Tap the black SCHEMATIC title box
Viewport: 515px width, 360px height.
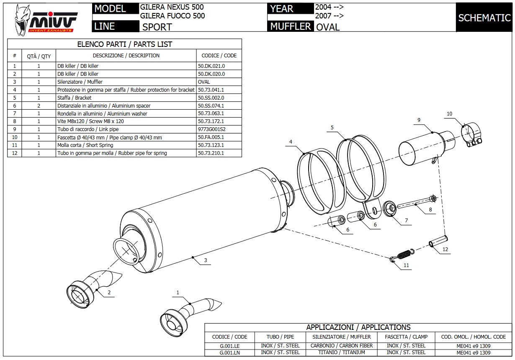(x=484, y=18)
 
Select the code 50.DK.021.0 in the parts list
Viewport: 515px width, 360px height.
(x=211, y=66)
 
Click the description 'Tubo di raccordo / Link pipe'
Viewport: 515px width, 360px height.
(x=88, y=129)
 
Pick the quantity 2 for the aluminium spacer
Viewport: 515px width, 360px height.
(x=39, y=106)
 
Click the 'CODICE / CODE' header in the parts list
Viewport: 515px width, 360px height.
(x=219, y=55)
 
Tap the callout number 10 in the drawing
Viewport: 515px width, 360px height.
(x=449, y=114)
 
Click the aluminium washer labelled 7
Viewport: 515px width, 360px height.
(x=390, y=208)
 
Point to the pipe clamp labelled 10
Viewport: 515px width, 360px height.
(x=472, y=135)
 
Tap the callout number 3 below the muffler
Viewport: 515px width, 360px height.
(x=206, y=260)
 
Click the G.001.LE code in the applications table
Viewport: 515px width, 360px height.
(x=229, y=346)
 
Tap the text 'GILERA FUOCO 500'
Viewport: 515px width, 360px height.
(x=173, y=16)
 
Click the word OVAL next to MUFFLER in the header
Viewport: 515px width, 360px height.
(x=328, y=27)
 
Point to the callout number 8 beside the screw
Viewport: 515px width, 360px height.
(x=430, y=209)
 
